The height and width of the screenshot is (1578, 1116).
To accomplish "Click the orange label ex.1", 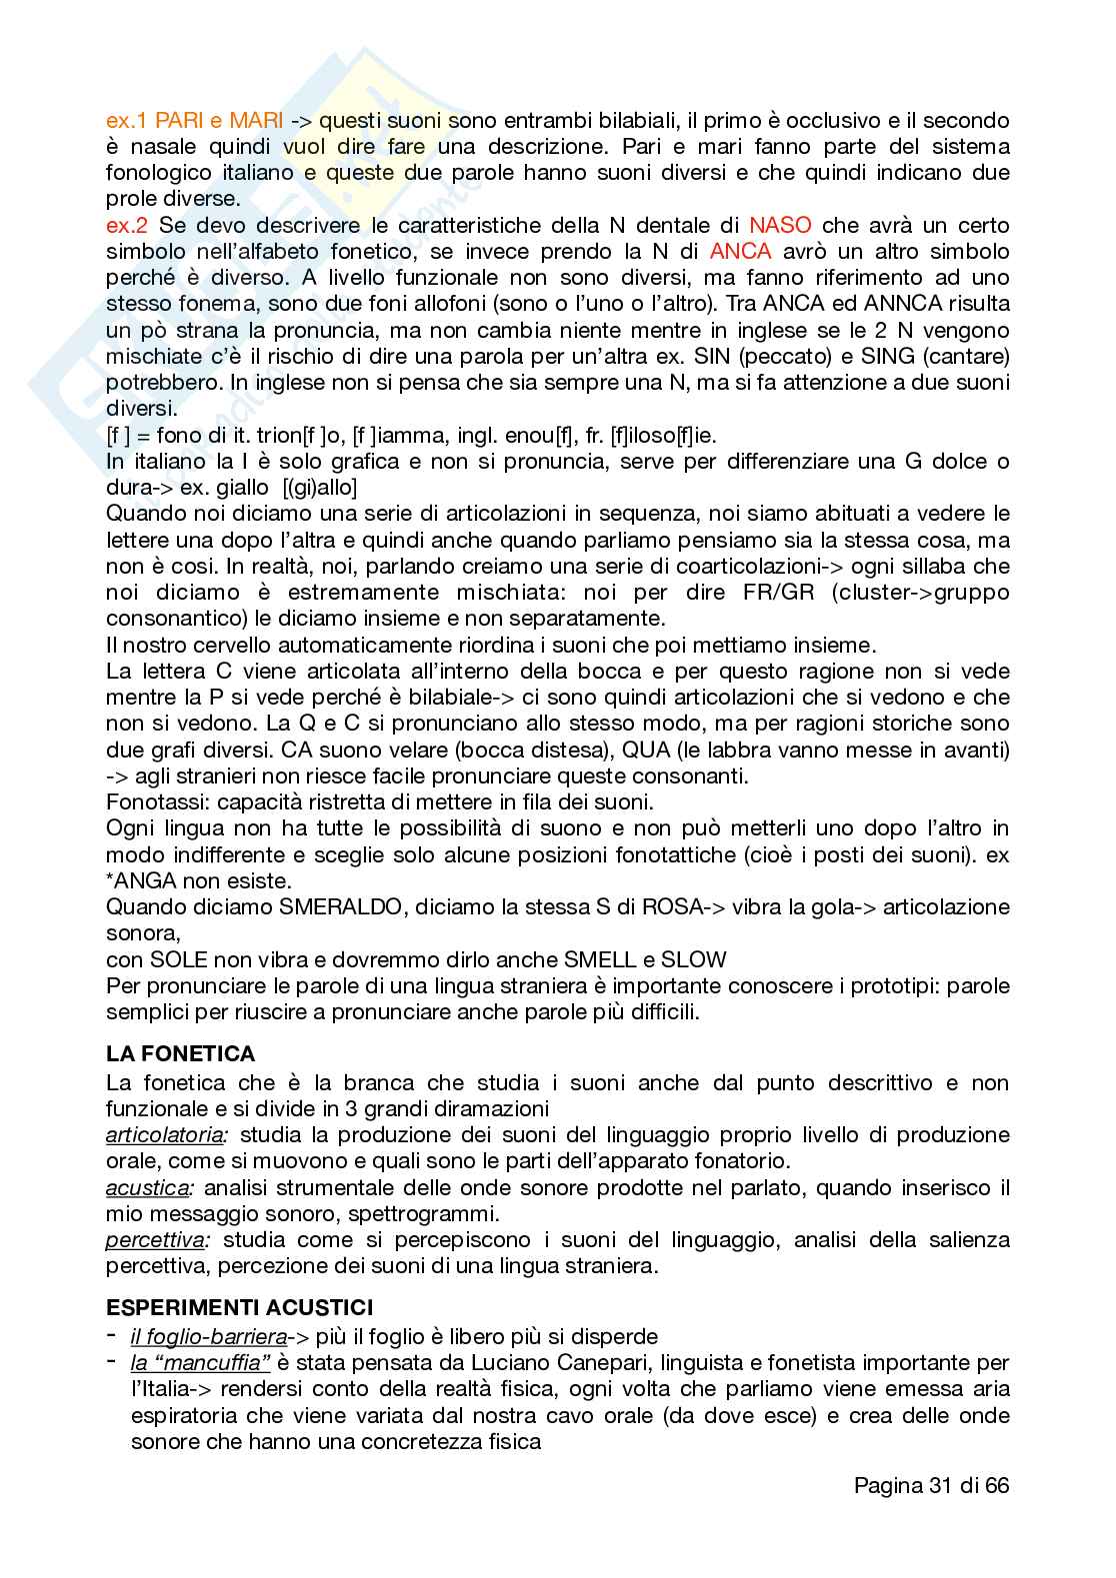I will click(x=127, y=121).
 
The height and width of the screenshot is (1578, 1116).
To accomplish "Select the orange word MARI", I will click(x=256, y=121).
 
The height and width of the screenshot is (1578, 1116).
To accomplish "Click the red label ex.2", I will click(x=128, y=225).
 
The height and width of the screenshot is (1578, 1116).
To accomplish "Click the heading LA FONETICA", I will click(x=181, y=1053).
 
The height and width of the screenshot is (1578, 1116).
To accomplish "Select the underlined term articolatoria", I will click(x=166, y=1135).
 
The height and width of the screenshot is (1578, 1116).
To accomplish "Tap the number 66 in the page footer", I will click(x=996, y=1485).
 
